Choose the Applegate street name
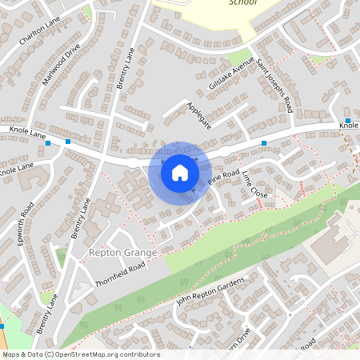tap(198, 114)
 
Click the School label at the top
tap(242, 3)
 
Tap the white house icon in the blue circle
tap(180, 171)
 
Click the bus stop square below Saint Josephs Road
tap(264, 143)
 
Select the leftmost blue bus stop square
tap(49, 143)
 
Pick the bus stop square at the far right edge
tap(348, 119)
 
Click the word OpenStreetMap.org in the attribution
tap(91, 354)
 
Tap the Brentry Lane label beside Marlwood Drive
tap(126, 71)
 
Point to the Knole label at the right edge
tap(349, 126)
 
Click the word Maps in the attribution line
tap(12, 354)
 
